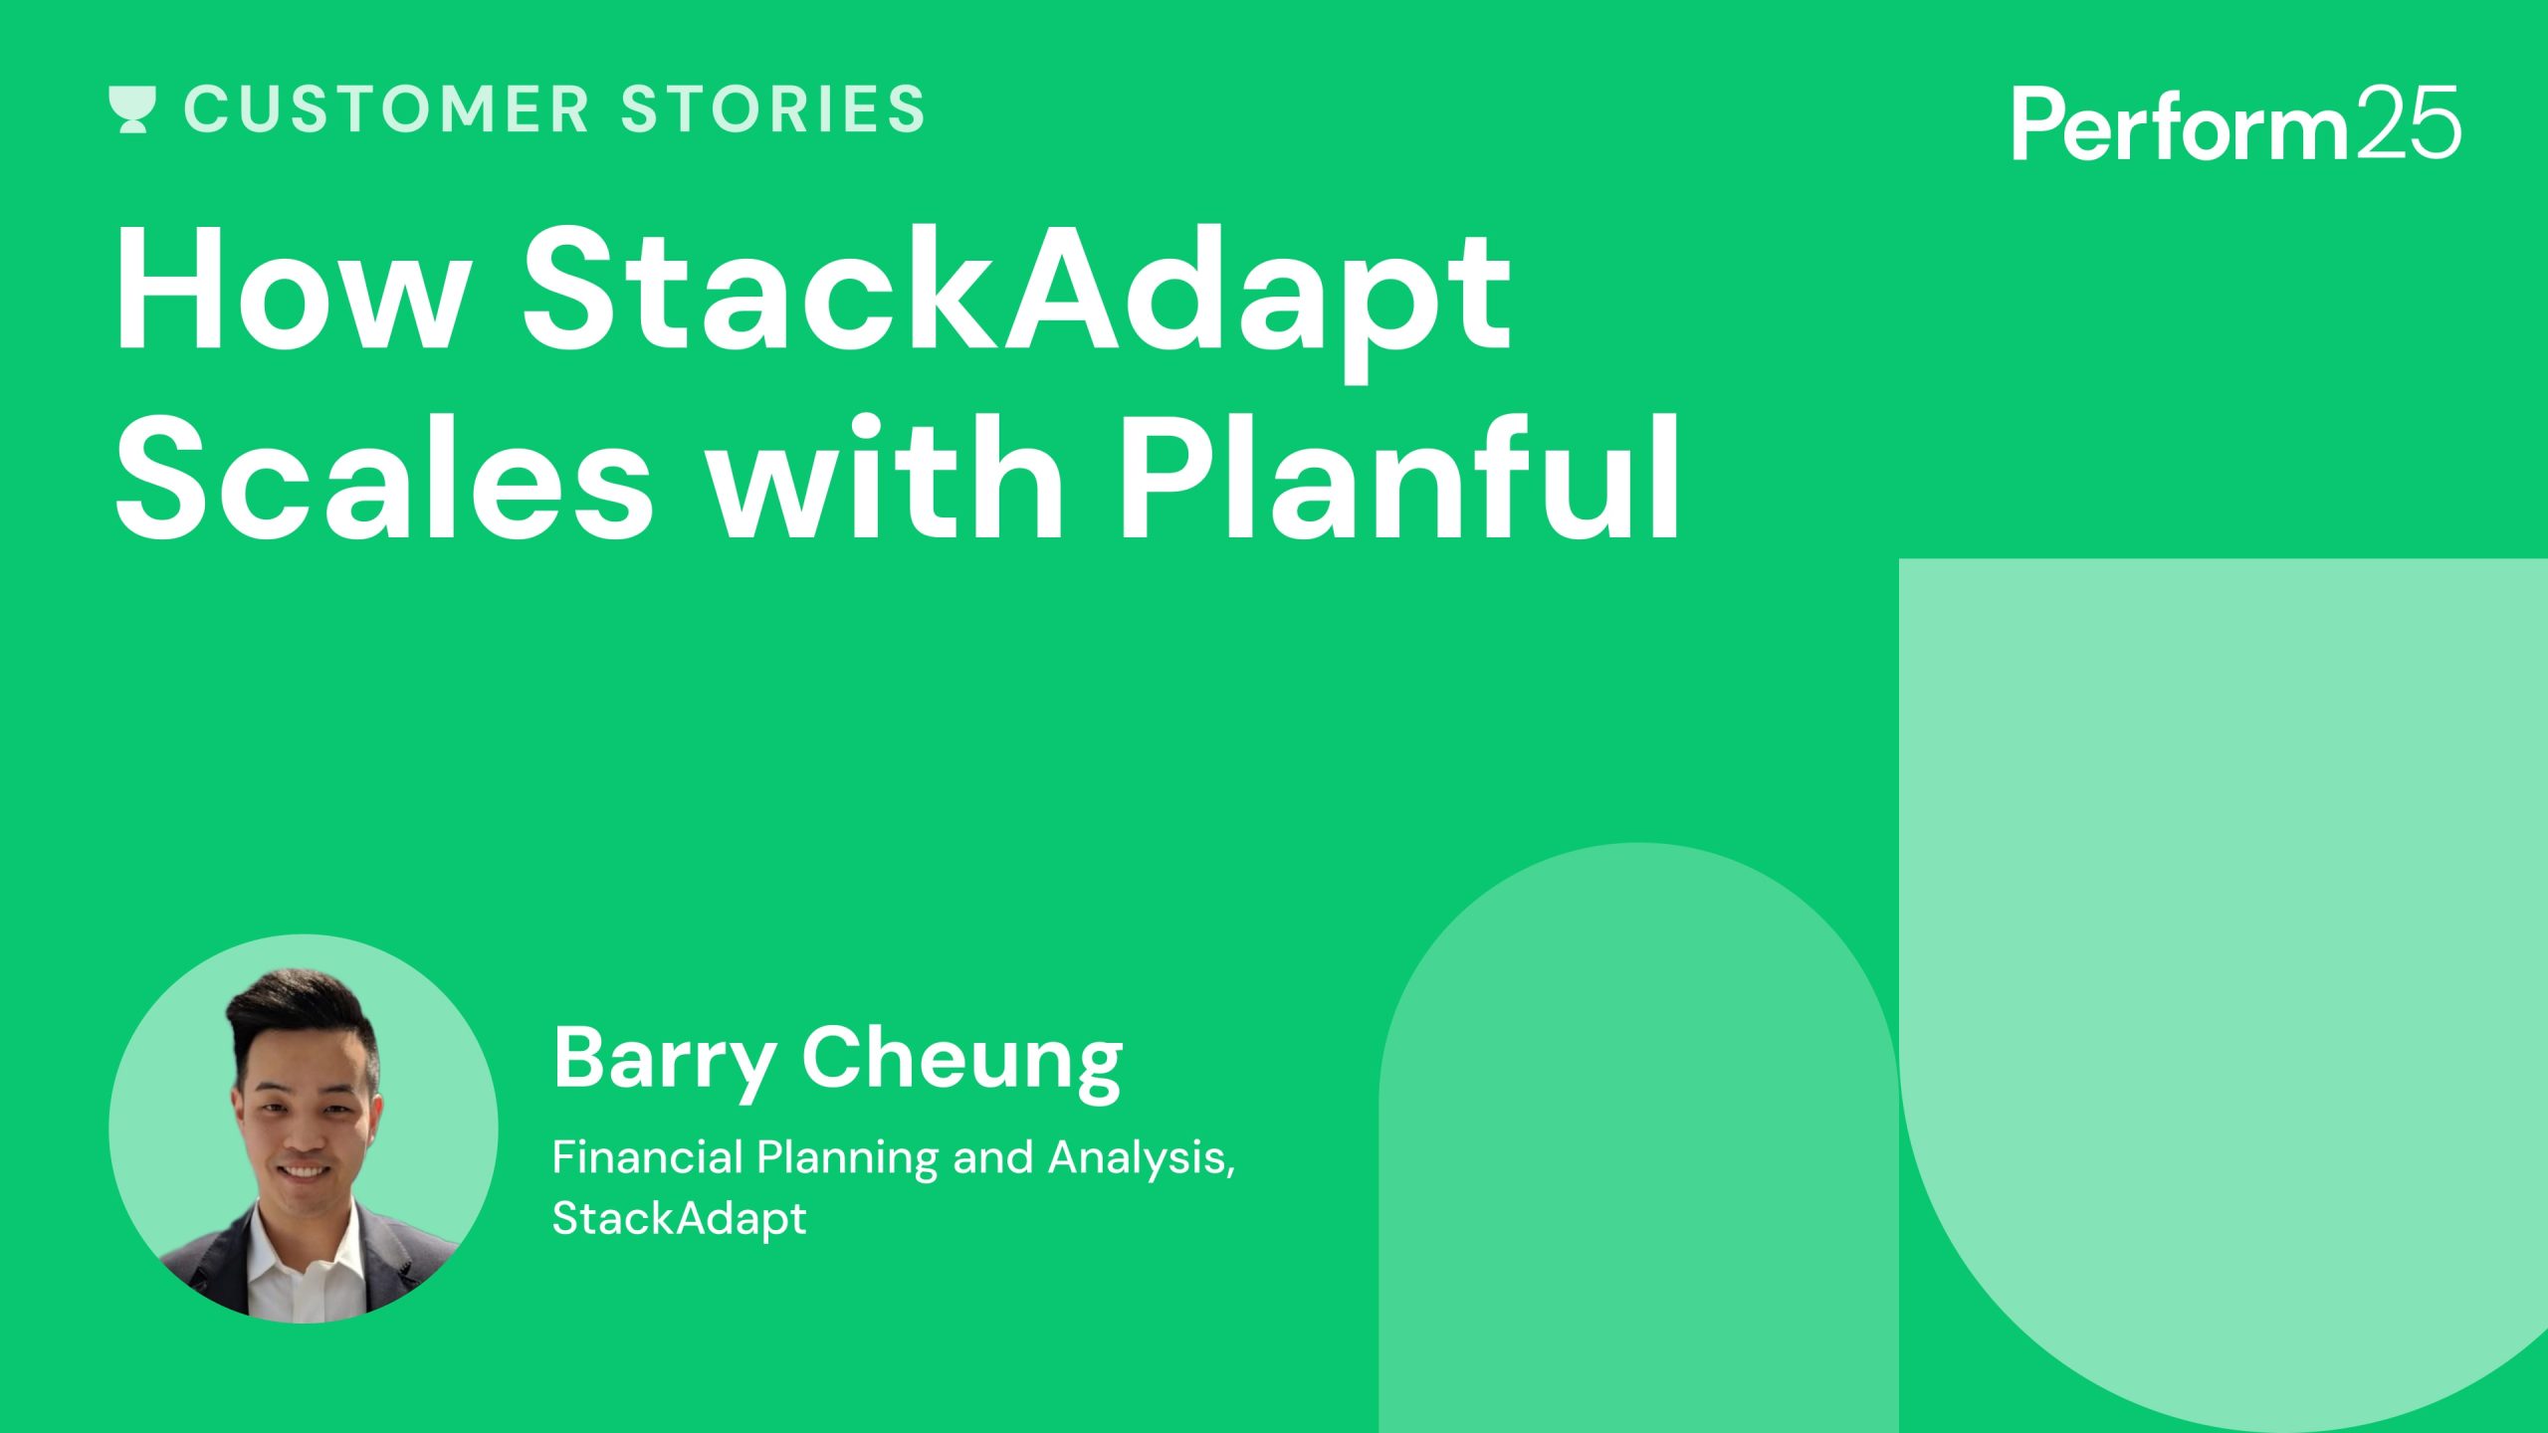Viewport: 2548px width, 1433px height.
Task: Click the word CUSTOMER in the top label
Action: click(387, 109)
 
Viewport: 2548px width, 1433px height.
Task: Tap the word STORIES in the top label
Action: click(773, 109)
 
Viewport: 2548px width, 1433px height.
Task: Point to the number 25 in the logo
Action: click(2408, 122)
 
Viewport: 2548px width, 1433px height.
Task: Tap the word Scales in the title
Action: click(384, 480)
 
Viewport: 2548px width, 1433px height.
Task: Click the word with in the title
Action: click(886, 480)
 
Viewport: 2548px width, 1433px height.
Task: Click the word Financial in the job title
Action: click(648, 1157)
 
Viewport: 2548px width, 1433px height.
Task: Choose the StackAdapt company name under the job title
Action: click(679, 1219)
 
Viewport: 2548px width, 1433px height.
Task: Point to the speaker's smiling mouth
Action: click(303, 1172)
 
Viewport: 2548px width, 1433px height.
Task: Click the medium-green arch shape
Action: click(1638, 1144)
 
